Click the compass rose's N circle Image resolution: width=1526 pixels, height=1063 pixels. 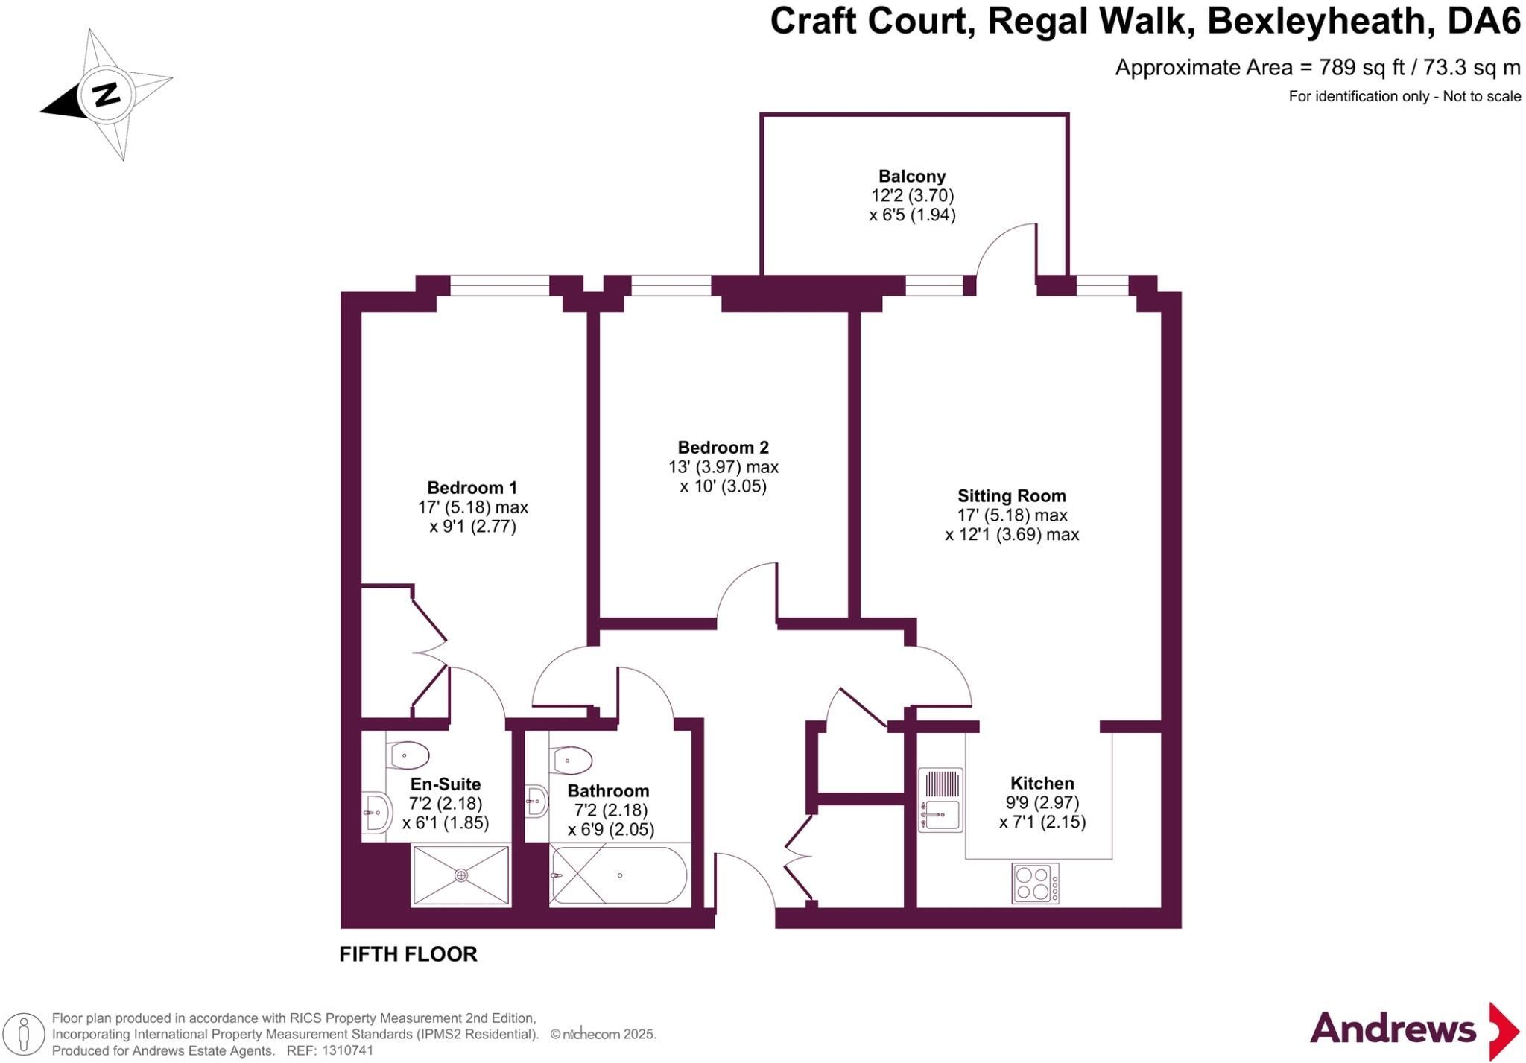[x=106, y=95]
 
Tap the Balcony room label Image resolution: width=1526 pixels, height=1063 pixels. [x=912, y=177]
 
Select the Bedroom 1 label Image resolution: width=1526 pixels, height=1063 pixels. [x=472, y=488]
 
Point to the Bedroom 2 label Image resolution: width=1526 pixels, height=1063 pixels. [x=723, y=448]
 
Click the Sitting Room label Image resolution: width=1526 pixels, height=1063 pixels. [x=1012, y=496]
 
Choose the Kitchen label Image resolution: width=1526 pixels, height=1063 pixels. [x=1042, y=783]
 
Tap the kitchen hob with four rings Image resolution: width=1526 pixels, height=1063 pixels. [x=1035, y=883]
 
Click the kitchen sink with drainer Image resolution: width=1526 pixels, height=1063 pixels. [x=940, y=800]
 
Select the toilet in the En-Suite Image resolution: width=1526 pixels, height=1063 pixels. [x=408, y=755]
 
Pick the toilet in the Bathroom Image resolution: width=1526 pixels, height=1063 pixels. [x=572, y=761]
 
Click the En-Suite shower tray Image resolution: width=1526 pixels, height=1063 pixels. [x=461, y=875]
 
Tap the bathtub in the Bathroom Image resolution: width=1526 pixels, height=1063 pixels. [x=618, y=875]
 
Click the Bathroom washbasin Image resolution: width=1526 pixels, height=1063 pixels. [x=536, y=802]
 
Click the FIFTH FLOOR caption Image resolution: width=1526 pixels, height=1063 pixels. [x=408, y=954]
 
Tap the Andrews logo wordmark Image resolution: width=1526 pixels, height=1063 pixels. [x=1393, y=1029]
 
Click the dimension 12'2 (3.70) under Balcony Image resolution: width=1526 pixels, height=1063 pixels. [x=913, y=196]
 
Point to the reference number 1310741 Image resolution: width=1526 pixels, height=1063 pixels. [x=347, y=1051]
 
